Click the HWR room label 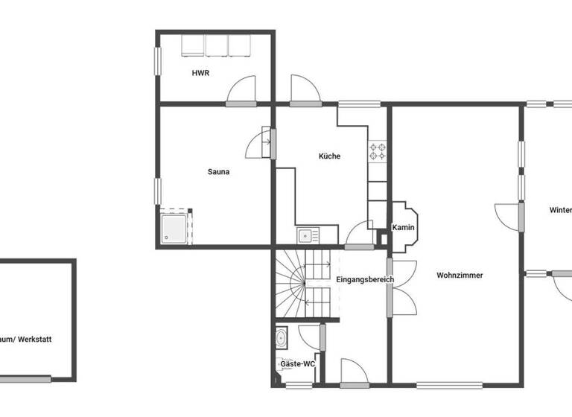[200, 73]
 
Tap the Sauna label [218, 172]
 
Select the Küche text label [329, 156]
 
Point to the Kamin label [403, 228]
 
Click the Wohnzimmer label [460, 276]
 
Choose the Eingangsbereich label [365, 280]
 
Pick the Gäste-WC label [297, 364]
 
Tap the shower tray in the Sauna [175, 228]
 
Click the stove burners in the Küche [378, 152]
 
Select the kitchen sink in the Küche [306, 236]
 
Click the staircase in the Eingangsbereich [302, 283]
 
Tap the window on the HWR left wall [157, 61]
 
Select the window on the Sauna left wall [157, 190]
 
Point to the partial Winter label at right [560, 210]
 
